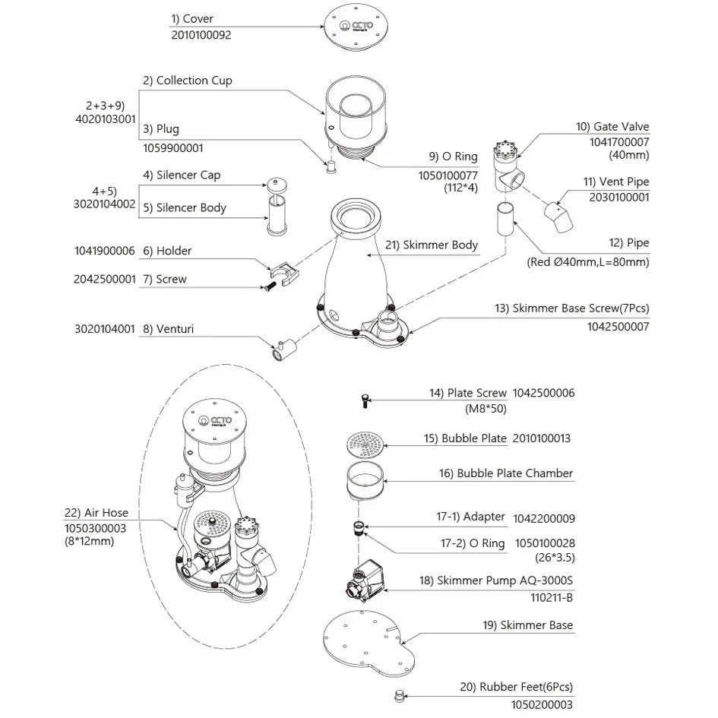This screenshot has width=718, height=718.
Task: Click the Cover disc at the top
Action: click(x=356, y=27)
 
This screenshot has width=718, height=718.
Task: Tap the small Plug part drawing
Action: click(x=331, y=166)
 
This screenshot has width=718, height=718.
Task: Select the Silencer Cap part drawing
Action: click(x=277, y=185)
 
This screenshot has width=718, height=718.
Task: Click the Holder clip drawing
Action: click(x=284, y=274)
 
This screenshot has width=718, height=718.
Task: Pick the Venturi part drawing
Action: click(x=284, y=350)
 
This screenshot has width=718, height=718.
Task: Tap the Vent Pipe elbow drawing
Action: click(x=558, y=217)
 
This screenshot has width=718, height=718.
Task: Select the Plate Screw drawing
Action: click(x=365, y=401)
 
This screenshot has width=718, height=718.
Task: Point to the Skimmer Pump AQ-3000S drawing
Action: click(x=365, y=579)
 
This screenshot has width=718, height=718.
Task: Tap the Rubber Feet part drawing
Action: click(x=400, y=696)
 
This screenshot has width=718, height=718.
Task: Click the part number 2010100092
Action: click(x=201, y=35)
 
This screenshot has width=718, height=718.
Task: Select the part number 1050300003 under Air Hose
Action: click(x=95, y=528)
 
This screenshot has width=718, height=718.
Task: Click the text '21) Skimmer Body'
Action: click(x=431, y=245)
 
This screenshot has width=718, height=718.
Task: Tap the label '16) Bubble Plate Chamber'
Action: click(x=506, y=473)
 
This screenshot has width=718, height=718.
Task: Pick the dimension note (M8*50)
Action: click(x=486, y=409)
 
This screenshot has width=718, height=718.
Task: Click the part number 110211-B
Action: click(x=552, y=597)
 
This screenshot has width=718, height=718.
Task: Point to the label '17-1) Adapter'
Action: click(x=470, y=517)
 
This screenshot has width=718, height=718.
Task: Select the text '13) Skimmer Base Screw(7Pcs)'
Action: click(x=572, y=308)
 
